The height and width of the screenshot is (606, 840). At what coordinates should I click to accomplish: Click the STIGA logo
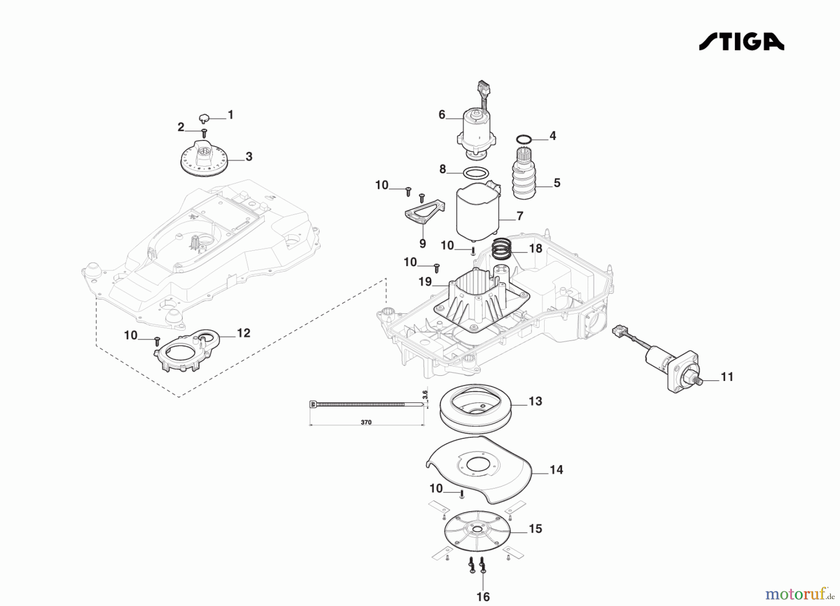point(741,41)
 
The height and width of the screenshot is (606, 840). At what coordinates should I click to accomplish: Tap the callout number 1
point(230,115)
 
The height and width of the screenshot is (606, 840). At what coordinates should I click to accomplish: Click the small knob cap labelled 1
point(204,118)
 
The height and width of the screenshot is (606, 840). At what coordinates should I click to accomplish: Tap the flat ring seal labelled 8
point(475,173)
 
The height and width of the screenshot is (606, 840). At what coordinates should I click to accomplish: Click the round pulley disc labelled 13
point(476,407)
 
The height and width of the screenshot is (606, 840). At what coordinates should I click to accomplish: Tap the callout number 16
point(483,597)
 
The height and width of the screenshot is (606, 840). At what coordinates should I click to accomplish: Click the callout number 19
point(425,282)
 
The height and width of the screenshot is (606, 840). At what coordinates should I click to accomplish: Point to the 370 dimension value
point(366,422)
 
